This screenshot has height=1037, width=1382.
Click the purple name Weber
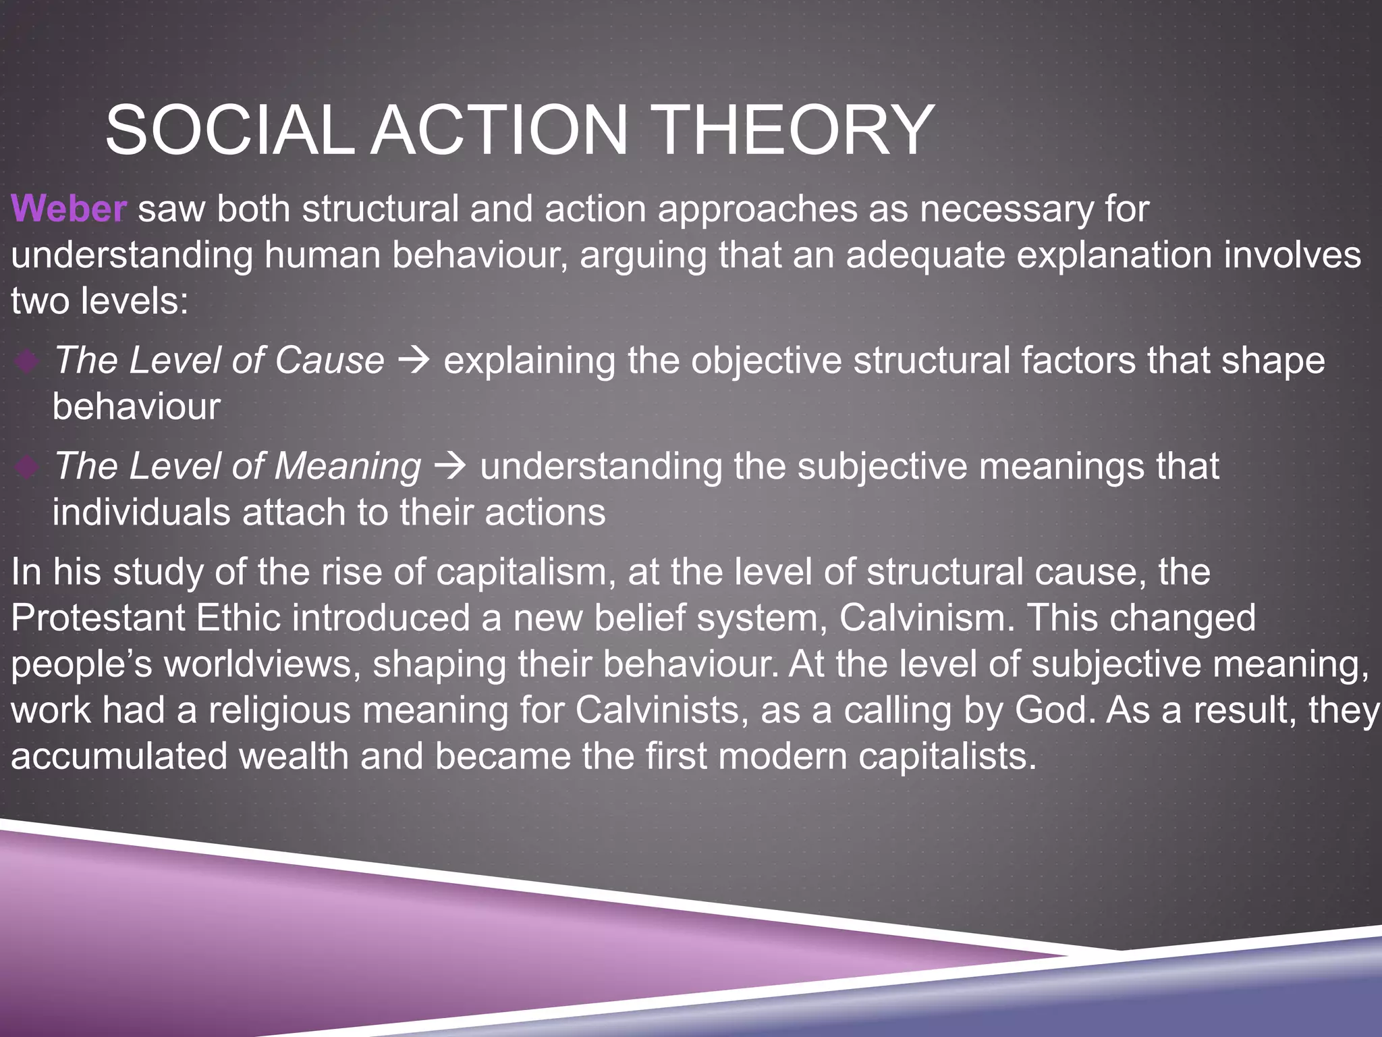[69, 209]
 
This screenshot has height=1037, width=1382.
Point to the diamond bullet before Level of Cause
[27, 362]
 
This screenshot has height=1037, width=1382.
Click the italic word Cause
[329, 361]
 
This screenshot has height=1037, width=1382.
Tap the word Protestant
[98, 618]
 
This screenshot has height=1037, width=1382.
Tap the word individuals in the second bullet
[141, 513]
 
